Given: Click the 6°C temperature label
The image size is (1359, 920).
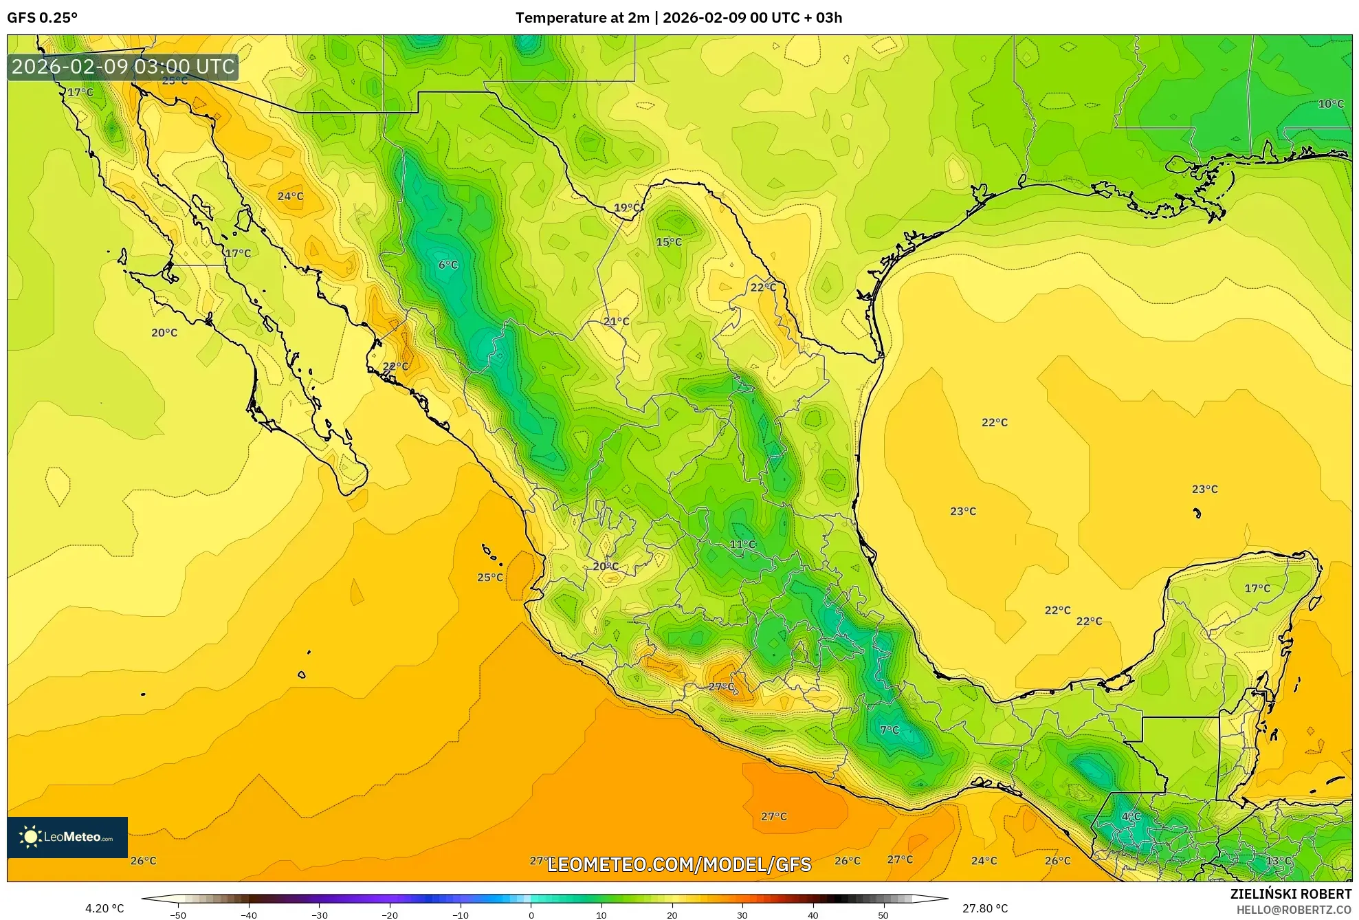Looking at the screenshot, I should tap(448, 265).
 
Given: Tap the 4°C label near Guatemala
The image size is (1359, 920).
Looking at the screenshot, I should tap(1131, 817).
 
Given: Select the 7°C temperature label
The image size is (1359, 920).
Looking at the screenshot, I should tap(889, 730).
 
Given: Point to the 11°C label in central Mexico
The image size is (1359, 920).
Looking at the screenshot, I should tap(742, 545).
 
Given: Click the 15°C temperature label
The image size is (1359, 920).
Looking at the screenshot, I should tap(668, 242).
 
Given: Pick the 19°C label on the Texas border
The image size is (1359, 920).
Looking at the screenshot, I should tap(627, 208).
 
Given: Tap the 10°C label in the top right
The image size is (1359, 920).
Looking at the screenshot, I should tap(1330, 104).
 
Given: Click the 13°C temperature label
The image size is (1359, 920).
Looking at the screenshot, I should tap(1278, 861).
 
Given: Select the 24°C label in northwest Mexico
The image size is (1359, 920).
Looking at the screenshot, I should tap(290, 197).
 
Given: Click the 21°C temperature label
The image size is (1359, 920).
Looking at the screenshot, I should tap(616, 321).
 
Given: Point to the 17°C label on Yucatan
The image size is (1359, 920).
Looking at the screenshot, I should tap(1257, 589).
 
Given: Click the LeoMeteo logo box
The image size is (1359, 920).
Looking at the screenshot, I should tap(67, 837).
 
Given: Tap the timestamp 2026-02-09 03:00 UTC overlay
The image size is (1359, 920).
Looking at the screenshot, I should tap(123, 67).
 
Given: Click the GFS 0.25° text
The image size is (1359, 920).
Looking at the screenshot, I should tap(43, 18).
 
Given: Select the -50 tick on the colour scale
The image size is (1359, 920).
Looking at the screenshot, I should tap(178, 915).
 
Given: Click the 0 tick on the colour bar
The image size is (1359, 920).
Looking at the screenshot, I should tap(531, 915).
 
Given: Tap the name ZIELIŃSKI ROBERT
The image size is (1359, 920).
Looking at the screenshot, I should tap(1290, 894).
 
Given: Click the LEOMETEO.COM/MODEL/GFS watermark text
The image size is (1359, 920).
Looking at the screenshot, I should tap(679, 864).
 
